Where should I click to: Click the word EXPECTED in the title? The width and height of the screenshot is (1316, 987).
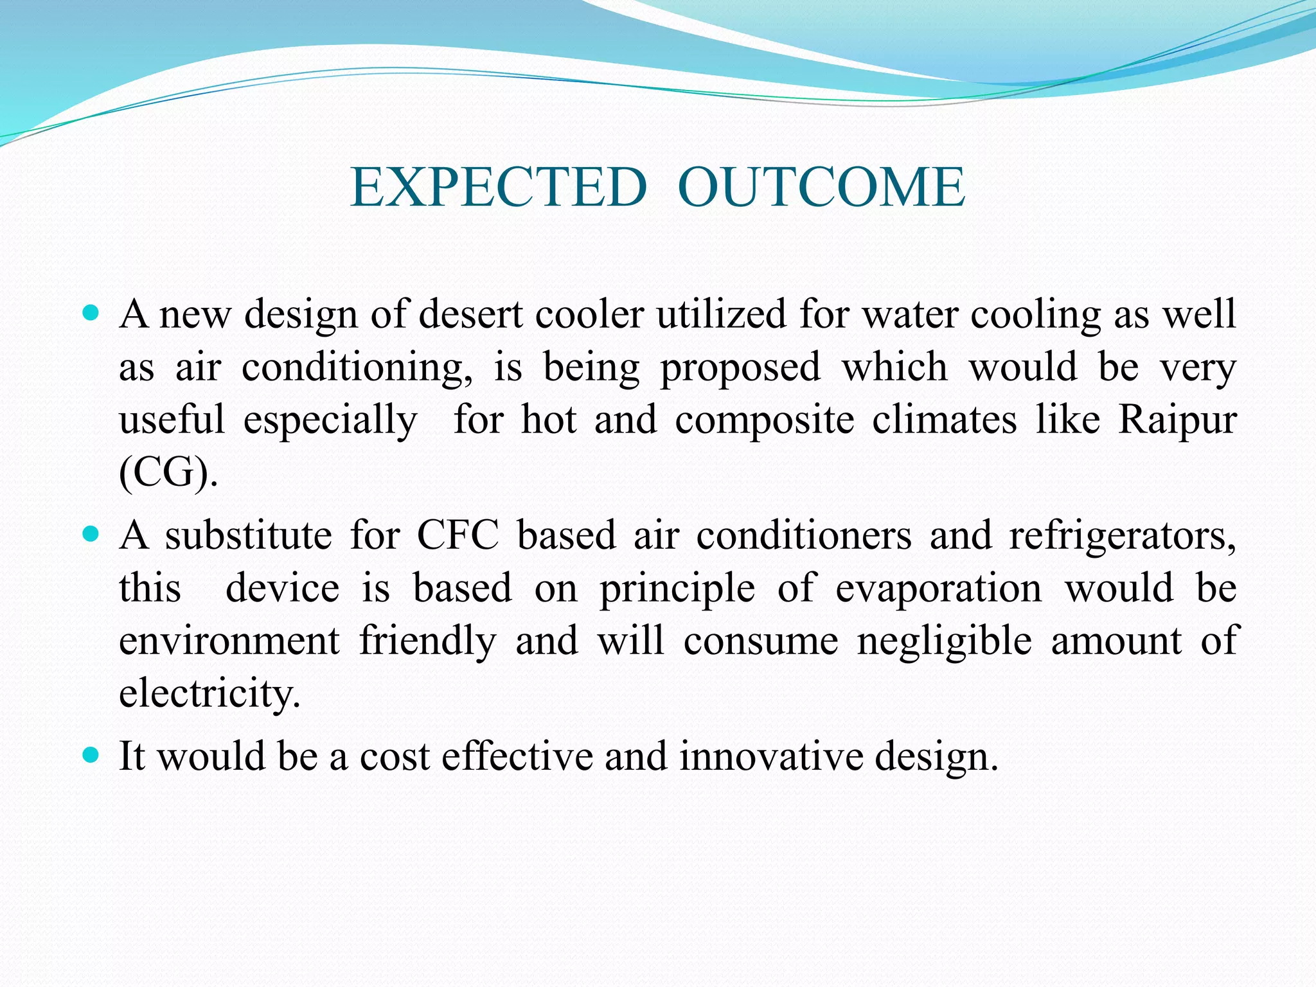point(498,187)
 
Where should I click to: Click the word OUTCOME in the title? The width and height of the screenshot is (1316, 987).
point(821,187)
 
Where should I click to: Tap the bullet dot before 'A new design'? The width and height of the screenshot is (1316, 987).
point(91,314)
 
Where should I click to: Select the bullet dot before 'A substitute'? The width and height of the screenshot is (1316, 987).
point(91,534)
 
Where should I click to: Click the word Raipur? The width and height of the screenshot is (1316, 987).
point(1177,420)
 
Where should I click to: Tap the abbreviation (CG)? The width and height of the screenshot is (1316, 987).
point(168,474)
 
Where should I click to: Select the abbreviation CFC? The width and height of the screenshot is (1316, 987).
point(458,535)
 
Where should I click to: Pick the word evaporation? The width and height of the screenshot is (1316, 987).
point(938,589)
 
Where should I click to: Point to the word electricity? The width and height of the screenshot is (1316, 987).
point(209,694)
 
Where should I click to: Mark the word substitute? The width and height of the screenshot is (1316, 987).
point(248,535)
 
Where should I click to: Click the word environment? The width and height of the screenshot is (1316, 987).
point(229,641)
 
